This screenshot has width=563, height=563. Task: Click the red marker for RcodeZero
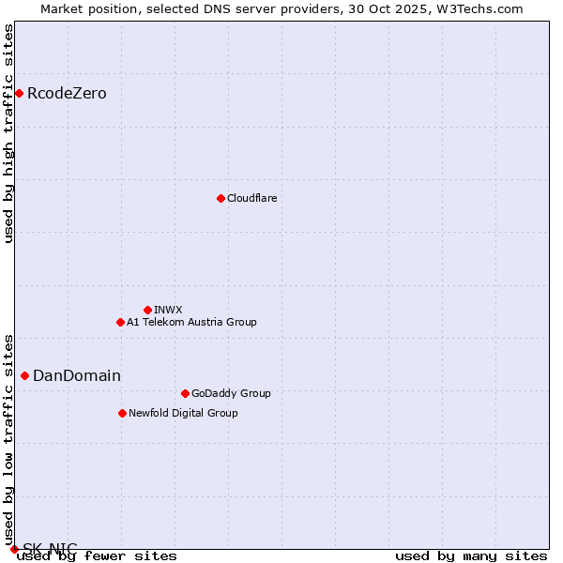pyautogui.click(x=19, y=93)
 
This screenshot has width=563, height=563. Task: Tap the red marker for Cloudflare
pyautogui.click(x=221, y=198)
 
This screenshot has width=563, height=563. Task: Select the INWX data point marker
pyautogui.click(x=147, y=310)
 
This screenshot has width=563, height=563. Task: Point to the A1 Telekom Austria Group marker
pyautogui.click(x=120, y=322)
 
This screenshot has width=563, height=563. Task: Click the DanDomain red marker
pyautogui.click(x=24, y=375)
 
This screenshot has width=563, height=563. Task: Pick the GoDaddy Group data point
pyautogui.click(x=185, y=393)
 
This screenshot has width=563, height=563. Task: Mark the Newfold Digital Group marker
pyautogui.click(x=122, y=413)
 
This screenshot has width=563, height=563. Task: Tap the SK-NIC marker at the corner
pyautogui.click(x=14, y=549)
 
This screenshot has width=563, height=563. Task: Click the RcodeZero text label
pyautogui.click(x=67, y=93)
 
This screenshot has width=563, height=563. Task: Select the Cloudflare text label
pyautogui.click(x=251, y=198)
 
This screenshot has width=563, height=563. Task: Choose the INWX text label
pyautogui.click(x=168, y=310)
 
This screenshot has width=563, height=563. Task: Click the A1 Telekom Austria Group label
pyautogui.click(x=191, y=322)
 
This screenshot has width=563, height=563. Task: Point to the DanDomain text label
pyautogui.click(x=77, y=375)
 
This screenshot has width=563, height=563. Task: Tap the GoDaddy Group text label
pyautogui.click(x=231, y=393)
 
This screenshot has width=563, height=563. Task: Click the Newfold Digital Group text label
pyautogui.click(x=183, y=413)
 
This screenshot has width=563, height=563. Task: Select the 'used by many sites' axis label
pyautogui.click(x=471, y=555)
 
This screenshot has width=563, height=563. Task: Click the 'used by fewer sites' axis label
pyautogui.click(x=97, y=555)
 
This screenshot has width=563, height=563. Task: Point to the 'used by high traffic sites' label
pyautogui.click(x=8, y=133)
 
